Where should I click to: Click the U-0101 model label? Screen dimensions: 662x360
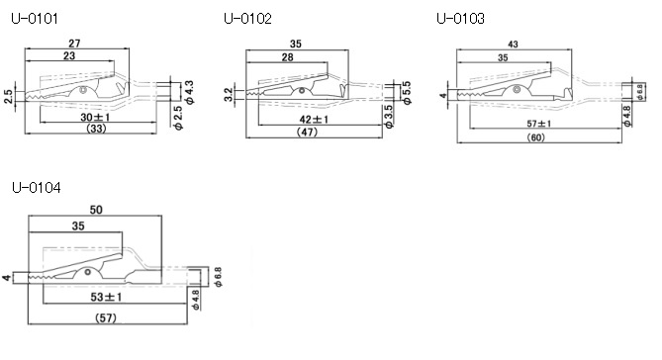click(x=35, y=19)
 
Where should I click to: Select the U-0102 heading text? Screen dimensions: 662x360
click(x=247, y=19)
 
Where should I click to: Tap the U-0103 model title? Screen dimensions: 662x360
click(x=460, y=19)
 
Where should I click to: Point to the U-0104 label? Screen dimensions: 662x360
click(x=37, y=187)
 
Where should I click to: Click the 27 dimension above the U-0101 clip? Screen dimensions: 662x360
click(x=74, y=44)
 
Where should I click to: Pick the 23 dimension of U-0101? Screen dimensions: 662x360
click(x=69, y=55)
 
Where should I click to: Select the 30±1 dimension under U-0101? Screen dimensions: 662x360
click(x=95, y=117)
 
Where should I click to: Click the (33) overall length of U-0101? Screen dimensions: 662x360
click(x=96, y=129)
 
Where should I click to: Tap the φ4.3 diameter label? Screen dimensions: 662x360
click(x=189, y=92)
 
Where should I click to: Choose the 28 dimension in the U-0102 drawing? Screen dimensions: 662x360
click(x=287, y=57)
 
